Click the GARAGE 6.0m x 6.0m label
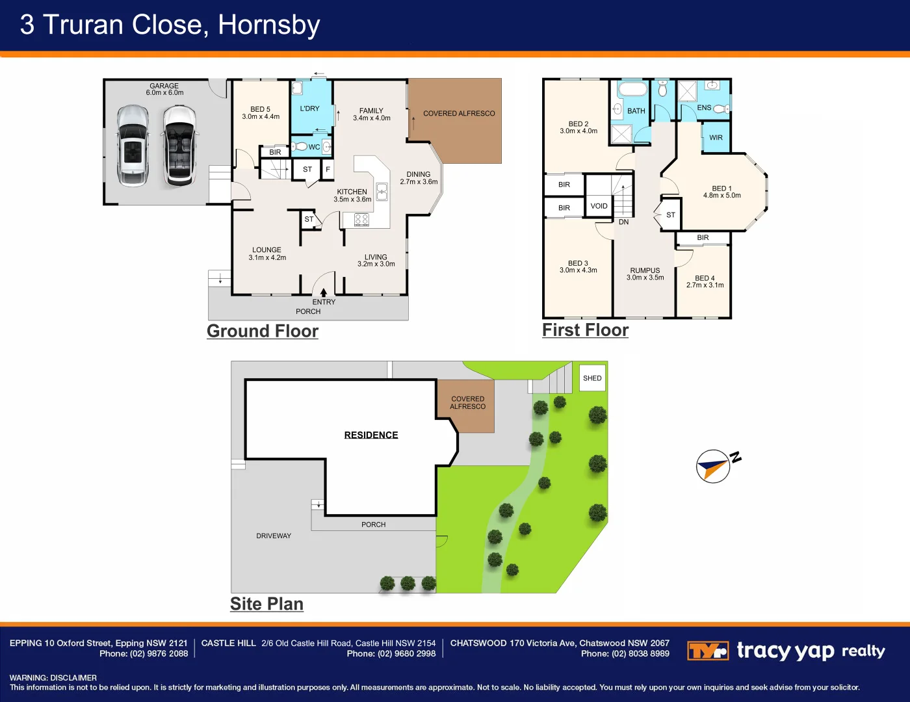[x=164, y=89]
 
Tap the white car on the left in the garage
[x=133, y=145]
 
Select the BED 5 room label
[x=261, y=113]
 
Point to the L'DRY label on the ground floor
[x=309, y=109]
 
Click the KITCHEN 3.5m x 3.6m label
[x=352, y=196]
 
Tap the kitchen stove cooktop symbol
[x=361, y=220]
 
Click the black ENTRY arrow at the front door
[x=324, y=292]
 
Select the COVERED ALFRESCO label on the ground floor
[x=459, y=113]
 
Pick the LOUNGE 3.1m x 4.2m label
[x=267, y=253]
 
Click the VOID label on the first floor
[x=599, y=206]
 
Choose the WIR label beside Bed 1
[x=716, y=138]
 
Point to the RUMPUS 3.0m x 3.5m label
[x=645, y=274]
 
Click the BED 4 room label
[x=705, y=281]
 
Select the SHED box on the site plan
[x=592, y=378]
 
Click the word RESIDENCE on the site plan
[x=371, y=435]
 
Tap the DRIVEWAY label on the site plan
[x=274, y=536]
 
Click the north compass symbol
[x=714, y=466]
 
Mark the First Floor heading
[x=585, y=330]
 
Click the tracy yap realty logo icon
[x=708, y=651]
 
